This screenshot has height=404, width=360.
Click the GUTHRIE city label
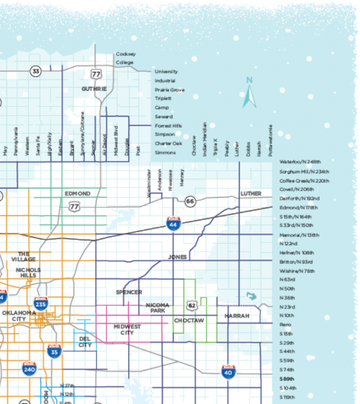tap(94, 89)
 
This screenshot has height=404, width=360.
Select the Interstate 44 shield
tap(173, 223)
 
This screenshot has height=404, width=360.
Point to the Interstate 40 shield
tap(228, 371)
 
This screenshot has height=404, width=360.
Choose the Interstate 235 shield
tap(41, 304)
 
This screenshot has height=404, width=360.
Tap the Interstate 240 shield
tap(30, 369)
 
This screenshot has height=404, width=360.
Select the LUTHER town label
tap(251, 194)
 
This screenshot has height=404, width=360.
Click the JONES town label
tap(177, 257)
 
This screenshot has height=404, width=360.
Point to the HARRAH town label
tap(237, 316)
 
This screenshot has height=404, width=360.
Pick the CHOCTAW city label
tap(189, 320)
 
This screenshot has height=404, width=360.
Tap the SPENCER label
tap(129, 292)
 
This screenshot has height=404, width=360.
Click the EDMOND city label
tap(78, 194)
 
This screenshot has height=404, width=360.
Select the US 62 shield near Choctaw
tap(191, 306)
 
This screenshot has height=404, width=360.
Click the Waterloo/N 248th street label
tap(300, 161)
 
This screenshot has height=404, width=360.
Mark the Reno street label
tap(285, 325)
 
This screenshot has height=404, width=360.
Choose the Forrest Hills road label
tap(168, 125)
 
